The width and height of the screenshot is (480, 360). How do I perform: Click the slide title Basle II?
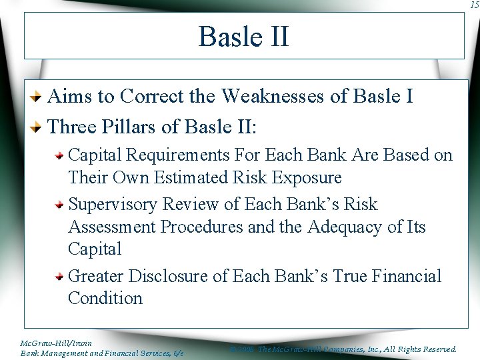tap(243, 36)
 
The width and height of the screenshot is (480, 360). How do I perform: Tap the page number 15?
tap(474, 5)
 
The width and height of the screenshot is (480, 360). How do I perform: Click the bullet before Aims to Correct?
tap(39, 97)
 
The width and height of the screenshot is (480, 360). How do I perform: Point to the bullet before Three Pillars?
tap(39, 127)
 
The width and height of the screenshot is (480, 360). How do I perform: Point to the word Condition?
tap(105, 298)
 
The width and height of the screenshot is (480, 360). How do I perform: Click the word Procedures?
tap(202, 227)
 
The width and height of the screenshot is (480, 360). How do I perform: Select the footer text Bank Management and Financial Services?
tap(97, 353)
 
